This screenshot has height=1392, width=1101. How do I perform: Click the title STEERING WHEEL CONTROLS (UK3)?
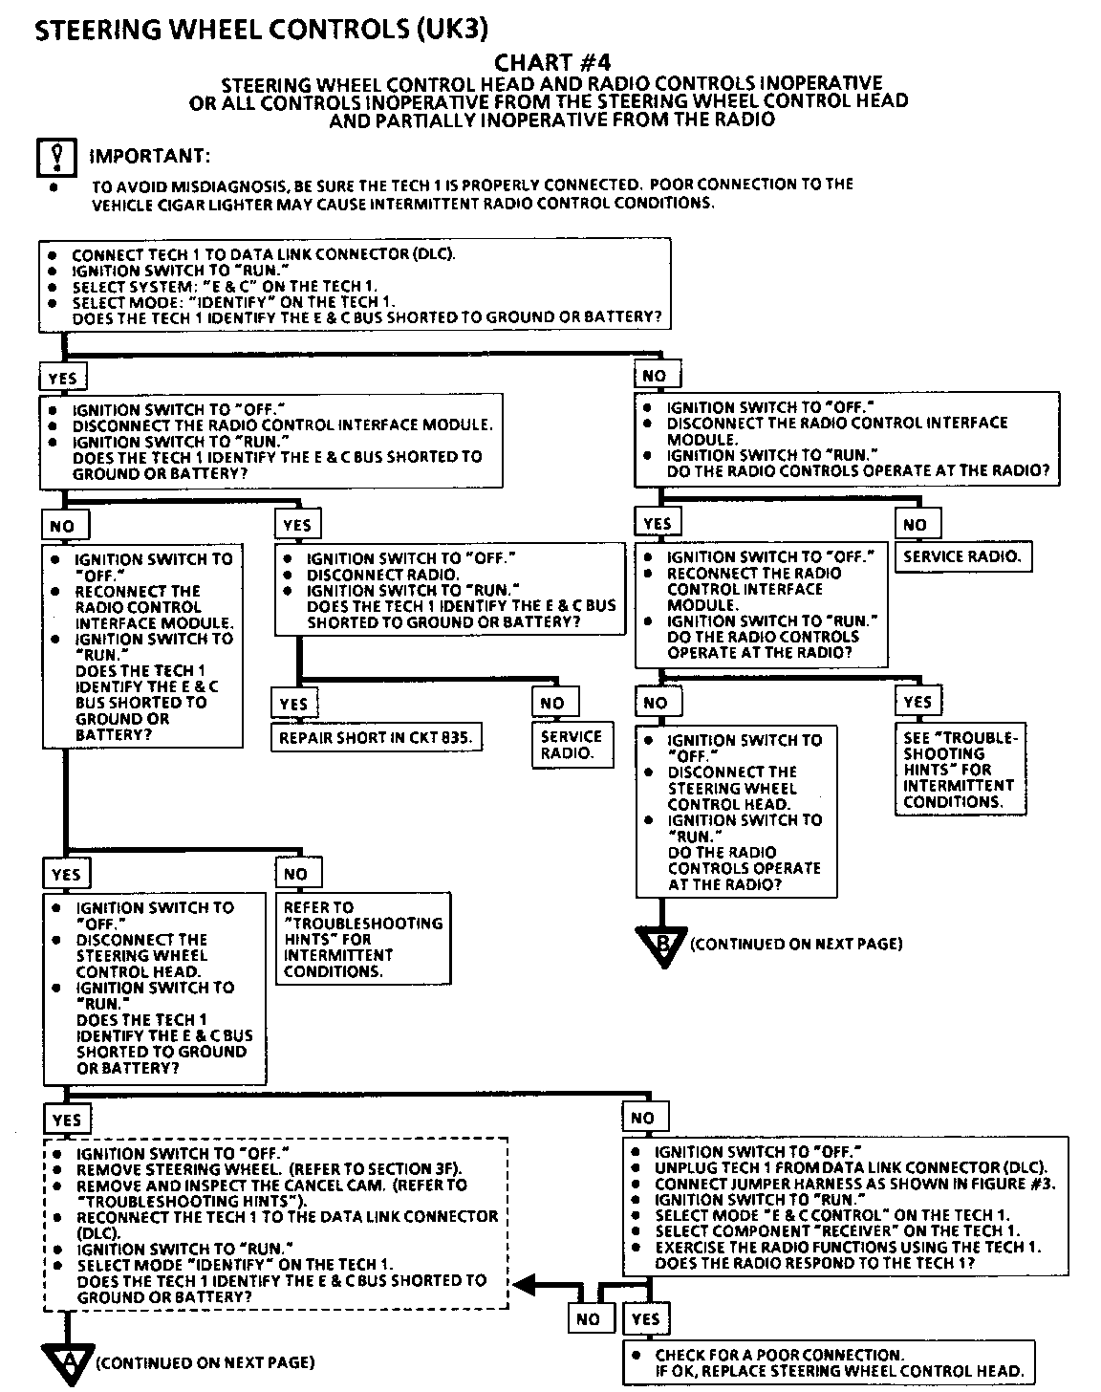click(x=261, y=30)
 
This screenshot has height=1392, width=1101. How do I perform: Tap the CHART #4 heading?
click(x=551, y=63)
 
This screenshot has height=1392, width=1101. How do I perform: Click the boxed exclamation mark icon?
click(x=56, y=158)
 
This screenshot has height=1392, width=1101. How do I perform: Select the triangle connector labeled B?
click(x=661, y=946)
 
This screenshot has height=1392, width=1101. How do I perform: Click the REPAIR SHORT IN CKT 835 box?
click(x=376, y=738)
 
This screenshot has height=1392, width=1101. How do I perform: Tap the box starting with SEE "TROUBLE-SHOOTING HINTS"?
click(x=960, y=769)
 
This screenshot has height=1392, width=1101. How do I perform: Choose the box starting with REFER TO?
click(x=363, y=939)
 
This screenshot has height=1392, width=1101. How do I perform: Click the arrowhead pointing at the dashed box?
click(x=528, y=1285)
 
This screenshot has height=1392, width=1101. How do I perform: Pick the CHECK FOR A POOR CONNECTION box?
click(x=829, y=1363)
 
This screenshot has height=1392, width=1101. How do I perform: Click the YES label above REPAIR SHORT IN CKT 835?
click(x=293, y=704)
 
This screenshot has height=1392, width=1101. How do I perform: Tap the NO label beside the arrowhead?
click(x=588, y=1319)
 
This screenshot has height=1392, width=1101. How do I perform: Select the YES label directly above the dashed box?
click(x=67, y=1120)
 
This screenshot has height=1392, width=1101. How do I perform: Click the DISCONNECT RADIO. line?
click(x=382, y=575)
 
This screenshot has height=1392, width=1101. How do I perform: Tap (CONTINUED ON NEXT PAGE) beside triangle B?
click(x=795, y=945)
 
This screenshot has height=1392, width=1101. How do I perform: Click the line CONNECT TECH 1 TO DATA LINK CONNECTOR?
click(x=263, y=254)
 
